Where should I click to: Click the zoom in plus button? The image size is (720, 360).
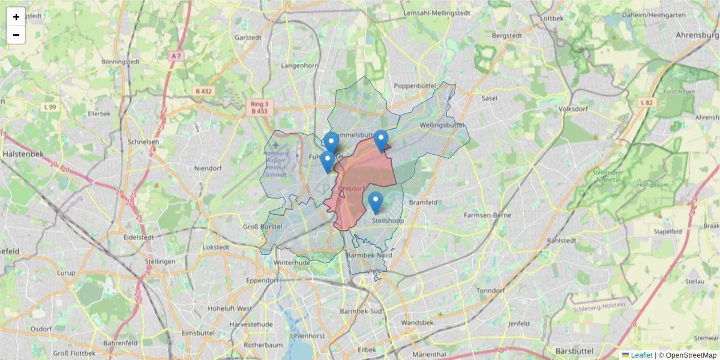click(x=16, y=17)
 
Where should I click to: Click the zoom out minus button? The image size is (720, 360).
click(x=16, y=35)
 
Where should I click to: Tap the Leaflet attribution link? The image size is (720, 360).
click(x=641, y=355)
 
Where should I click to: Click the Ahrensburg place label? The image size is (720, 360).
click(x=697, y=35)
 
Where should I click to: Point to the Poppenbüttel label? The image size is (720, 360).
click(x=414, y=86)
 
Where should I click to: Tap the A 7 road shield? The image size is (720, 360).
click(x=175, y=56)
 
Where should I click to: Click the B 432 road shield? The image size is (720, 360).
click(x=203, y=91)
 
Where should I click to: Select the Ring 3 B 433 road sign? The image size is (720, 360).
click(x=260, y=107)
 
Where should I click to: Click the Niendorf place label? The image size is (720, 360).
click(x=208, y=169)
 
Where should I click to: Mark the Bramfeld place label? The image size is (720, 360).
click(x=424, y=203)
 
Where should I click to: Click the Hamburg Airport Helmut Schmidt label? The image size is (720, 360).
click(x=275, y=164)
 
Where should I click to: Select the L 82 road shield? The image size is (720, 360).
click(x=646, y=103)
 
